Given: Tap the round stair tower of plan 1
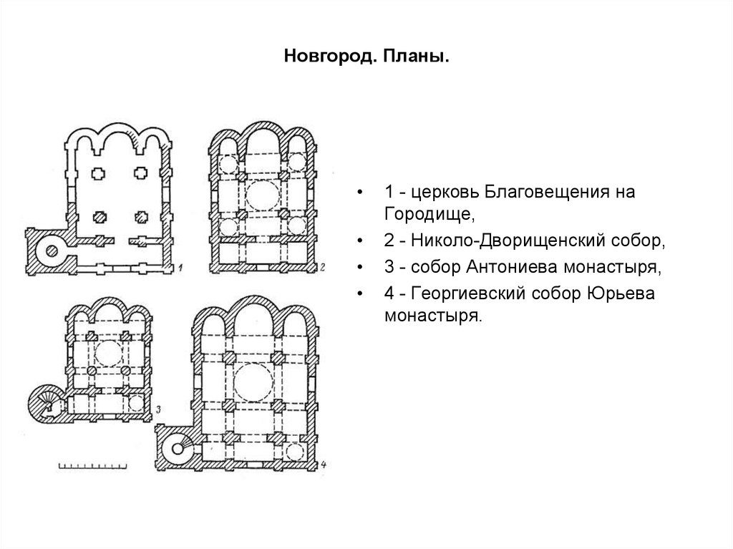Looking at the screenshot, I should point(52,249).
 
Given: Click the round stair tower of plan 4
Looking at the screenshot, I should point(175,451).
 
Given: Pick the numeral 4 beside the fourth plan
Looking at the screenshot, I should point(324,466).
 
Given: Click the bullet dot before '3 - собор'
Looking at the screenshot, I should point(366,269).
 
